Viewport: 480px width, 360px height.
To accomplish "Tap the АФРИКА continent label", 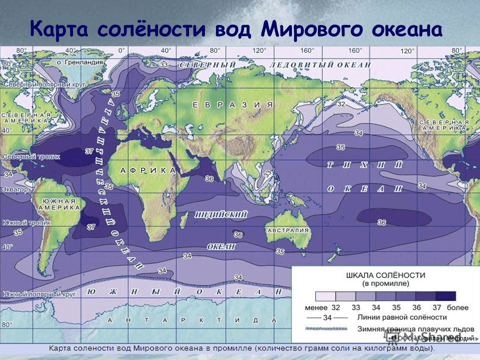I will click(148, 170).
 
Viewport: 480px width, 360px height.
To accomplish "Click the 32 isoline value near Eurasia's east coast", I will click(341, 104).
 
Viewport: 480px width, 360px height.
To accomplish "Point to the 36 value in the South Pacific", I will click(381, 222).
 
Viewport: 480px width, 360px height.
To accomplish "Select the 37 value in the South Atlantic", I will click(91, 226).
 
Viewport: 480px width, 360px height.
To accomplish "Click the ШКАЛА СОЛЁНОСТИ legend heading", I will click(385, 275).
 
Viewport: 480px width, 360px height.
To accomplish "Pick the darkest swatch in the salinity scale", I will click(445, 295).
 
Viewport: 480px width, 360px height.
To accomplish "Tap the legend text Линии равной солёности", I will click(400, 317).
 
